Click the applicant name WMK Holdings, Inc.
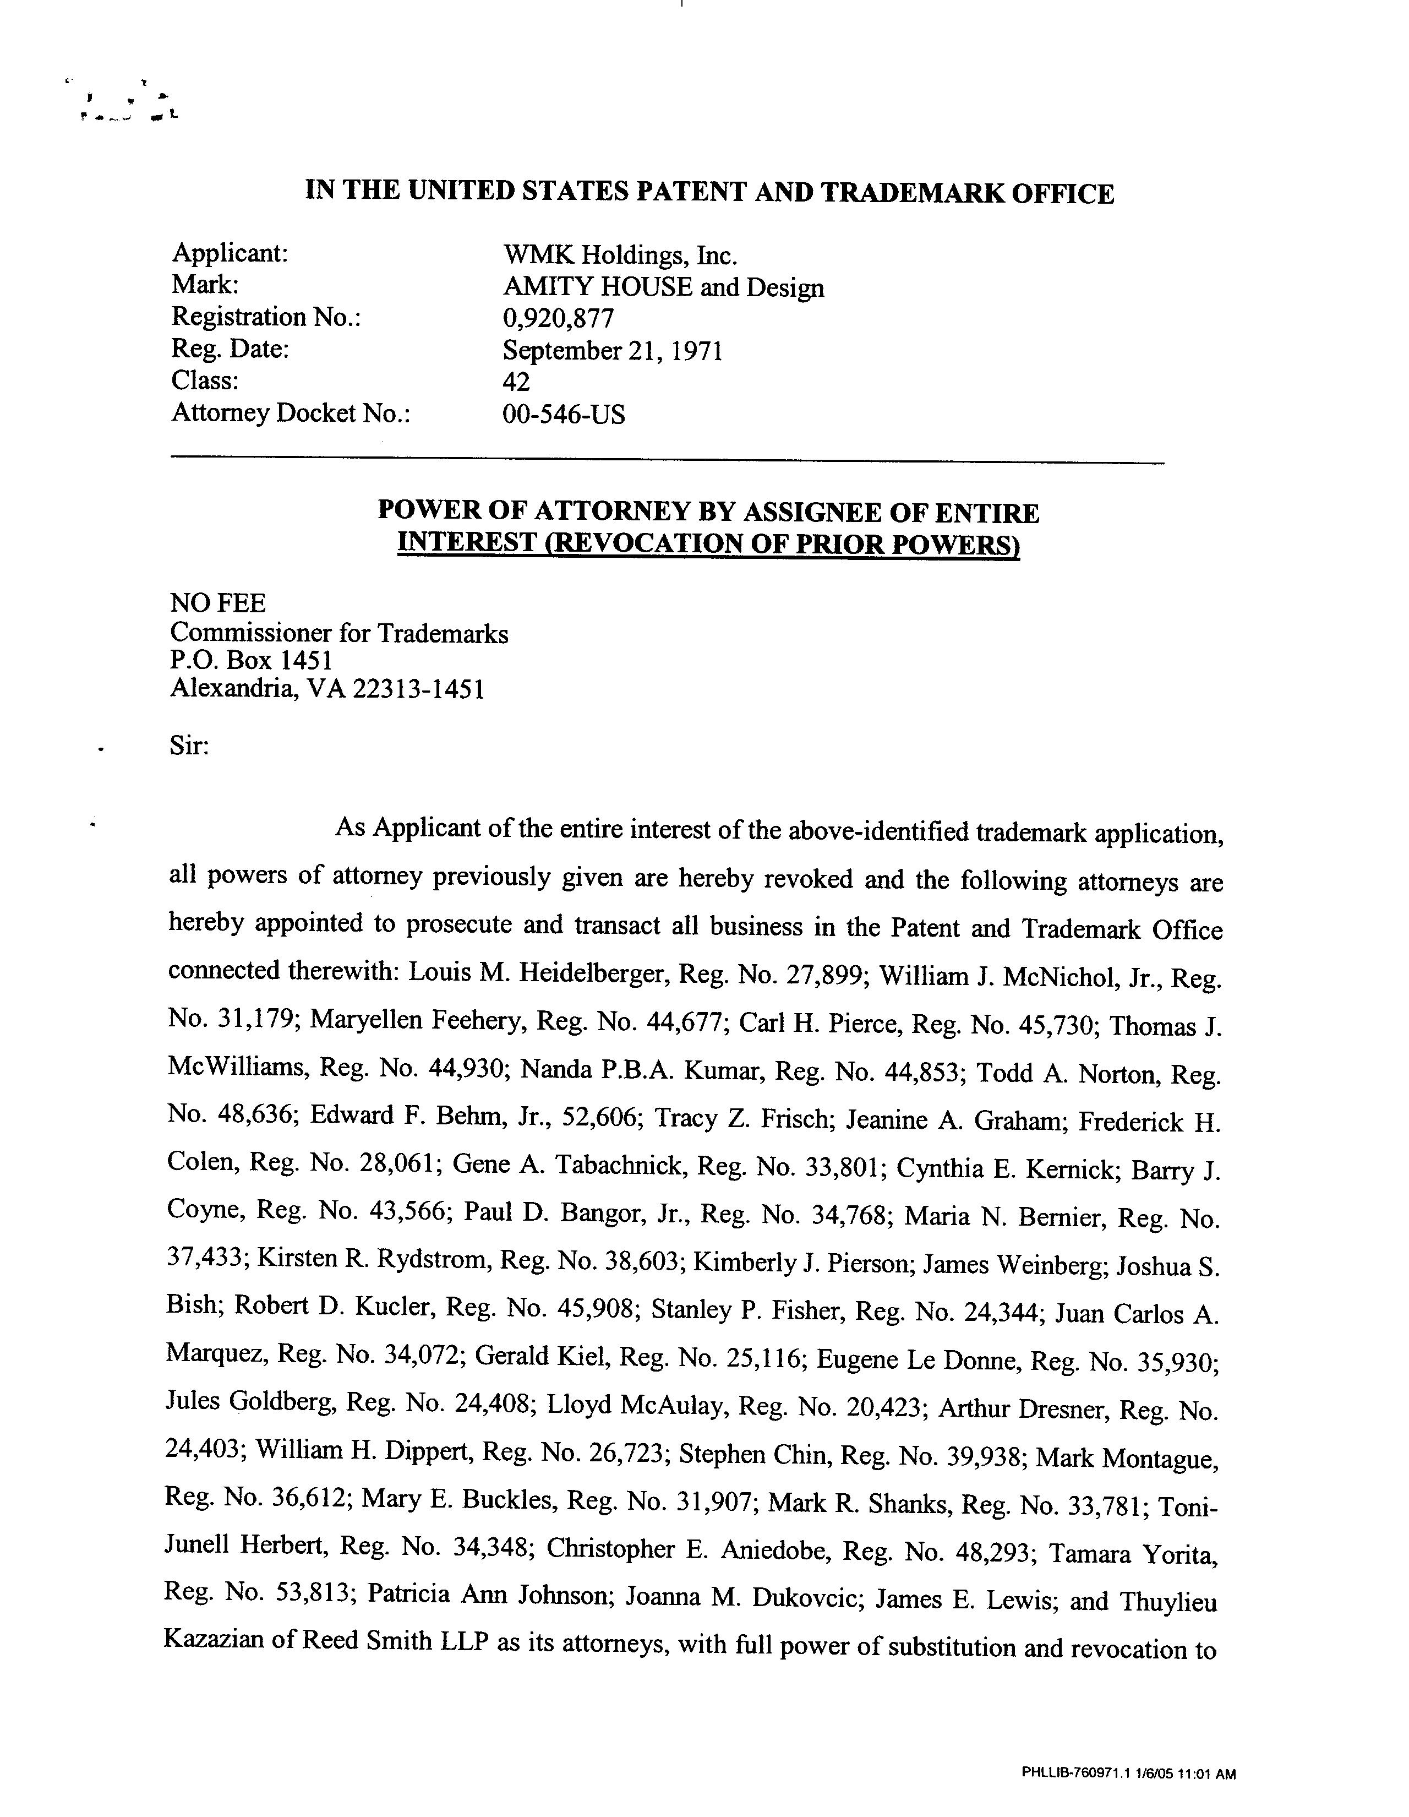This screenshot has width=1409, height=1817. pos(620,254)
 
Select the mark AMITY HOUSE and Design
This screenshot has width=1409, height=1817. pos(663,287)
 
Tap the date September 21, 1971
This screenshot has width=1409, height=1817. pos(612,350)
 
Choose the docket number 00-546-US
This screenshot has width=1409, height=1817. pos(563,414)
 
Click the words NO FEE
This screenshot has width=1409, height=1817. pos(218,602)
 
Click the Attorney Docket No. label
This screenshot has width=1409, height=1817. pos(291,414)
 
